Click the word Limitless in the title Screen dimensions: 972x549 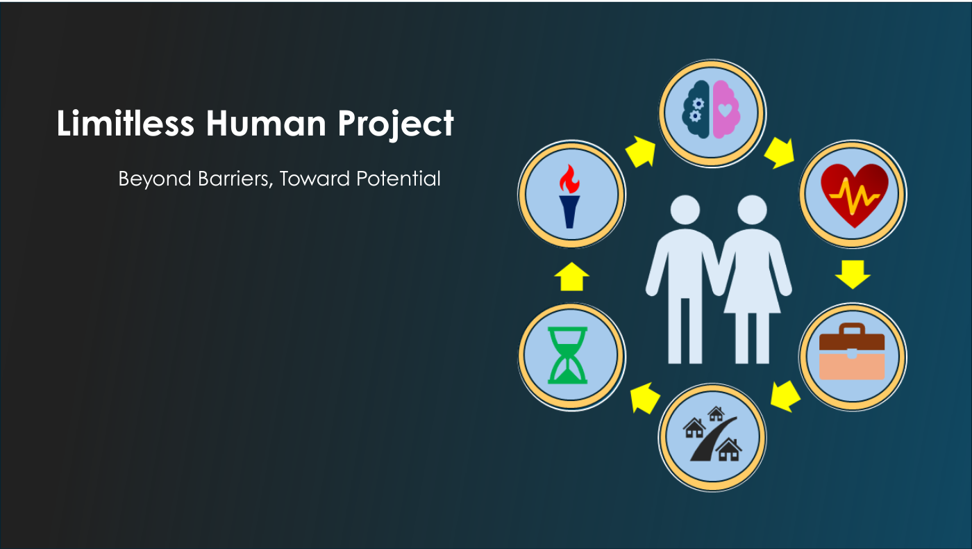click(126, 124)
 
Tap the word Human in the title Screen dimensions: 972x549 click(265, 124)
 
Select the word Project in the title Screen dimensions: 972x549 click(396, 125)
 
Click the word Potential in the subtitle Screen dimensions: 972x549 click(399, 179)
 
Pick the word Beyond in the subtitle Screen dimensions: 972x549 click(154, 179)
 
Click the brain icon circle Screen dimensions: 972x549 click(712, 113)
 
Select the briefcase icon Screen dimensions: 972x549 click(852, 352)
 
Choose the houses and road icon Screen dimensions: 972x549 click(712, 434)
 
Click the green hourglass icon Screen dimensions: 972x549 click(568, 355)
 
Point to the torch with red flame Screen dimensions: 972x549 click(569, 196)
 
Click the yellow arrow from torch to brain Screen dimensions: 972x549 click(641, 151)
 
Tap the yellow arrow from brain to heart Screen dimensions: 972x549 click(780, 153)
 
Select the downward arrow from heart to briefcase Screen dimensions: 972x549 click(853, 274)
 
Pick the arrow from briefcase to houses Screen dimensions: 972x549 click(785, 396)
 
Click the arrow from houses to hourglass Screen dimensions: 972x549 click(645, 398)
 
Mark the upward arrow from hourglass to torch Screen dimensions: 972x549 click(571, 277)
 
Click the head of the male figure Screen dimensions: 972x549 click(685, 210)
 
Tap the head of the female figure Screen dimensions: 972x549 click(752, 210)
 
